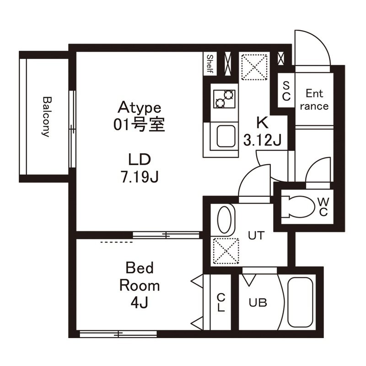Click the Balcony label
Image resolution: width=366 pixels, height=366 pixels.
tap(46, 117)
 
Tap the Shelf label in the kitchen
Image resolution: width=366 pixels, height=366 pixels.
tap(210, 64)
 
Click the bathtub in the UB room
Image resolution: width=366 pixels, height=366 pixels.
tap(300, 302)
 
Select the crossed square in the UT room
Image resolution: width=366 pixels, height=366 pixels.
tap(225, 252)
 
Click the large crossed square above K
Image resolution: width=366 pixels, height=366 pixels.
tap(254, 67)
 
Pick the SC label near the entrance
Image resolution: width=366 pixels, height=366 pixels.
tap(286, 91)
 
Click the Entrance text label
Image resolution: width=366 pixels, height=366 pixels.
tap(315, 100)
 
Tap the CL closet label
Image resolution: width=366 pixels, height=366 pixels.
tap(221, 302)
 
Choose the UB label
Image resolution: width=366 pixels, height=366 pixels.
tap(258, 302)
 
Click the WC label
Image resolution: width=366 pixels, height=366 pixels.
tap(323, 207)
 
